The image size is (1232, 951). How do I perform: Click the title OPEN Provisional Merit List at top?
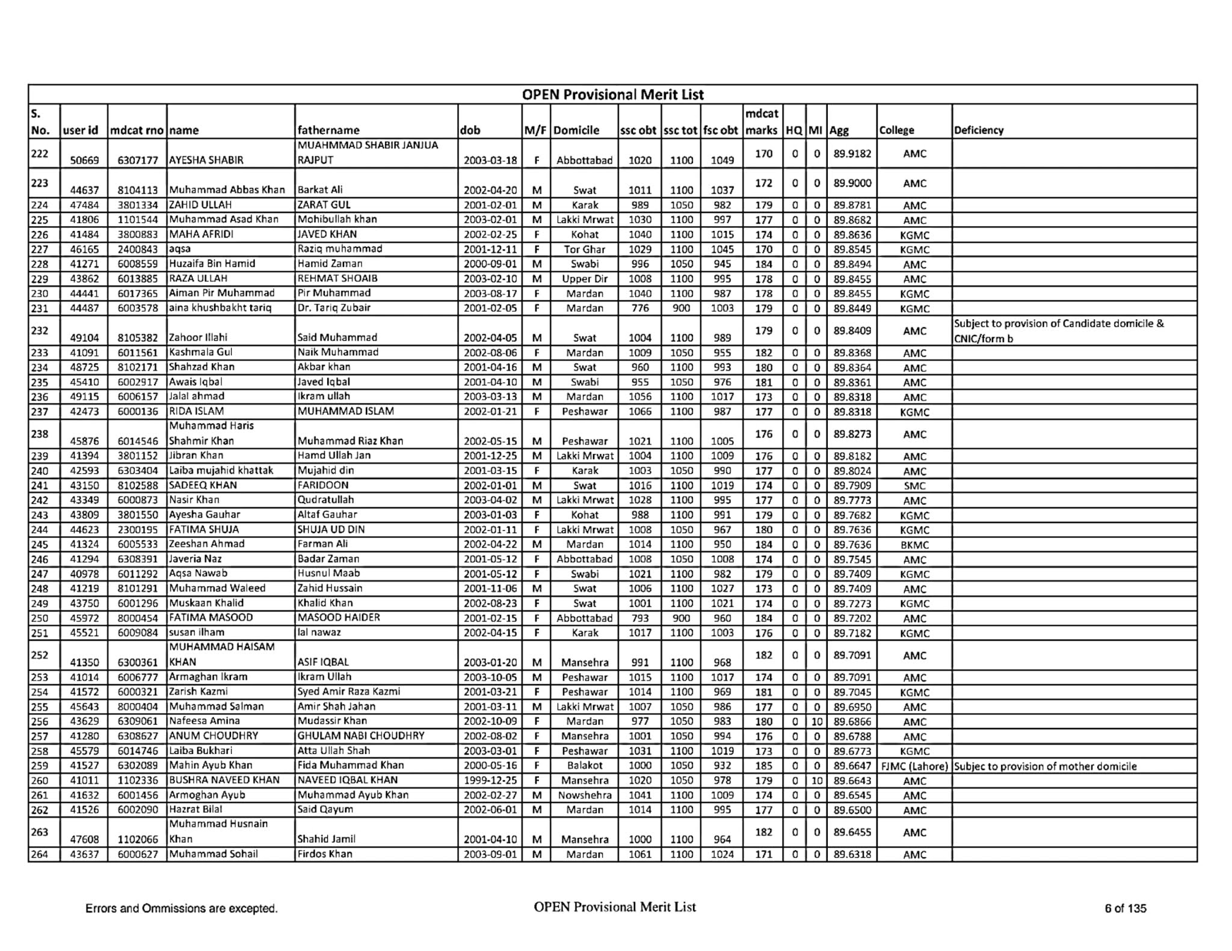[x=612, y=94]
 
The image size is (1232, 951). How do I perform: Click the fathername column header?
[x=328, y=130]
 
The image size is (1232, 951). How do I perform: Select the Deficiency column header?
[x=979, y=130]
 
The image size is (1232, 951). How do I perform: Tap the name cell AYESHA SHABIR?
[x=206, y=161]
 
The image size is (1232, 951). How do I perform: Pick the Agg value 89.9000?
[x=852, y=183]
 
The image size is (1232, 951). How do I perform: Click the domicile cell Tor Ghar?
[x=584, y=249]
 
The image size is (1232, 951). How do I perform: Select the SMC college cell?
[x=914, y=486]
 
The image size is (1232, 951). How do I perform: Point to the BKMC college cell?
[x=914, y=545]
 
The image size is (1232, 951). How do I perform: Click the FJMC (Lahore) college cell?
[x=914, y=766]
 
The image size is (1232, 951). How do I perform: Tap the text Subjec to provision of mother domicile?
[x=1046, y=766]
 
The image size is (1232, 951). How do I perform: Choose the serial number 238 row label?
[x=40, y=434]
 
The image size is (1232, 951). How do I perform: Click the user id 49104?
[x=84, y=338]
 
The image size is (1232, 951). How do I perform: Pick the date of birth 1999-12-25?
[x=490, y=781]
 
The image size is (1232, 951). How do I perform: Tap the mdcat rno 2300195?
[x=138, y=530]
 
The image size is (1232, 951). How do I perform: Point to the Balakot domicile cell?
[x=584, y=766]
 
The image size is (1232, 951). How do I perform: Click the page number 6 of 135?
[x=1125, y=908]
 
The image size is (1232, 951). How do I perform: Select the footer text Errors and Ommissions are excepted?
[x=181, y=908]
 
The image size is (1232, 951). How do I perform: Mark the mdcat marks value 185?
[x=763, y=766]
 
